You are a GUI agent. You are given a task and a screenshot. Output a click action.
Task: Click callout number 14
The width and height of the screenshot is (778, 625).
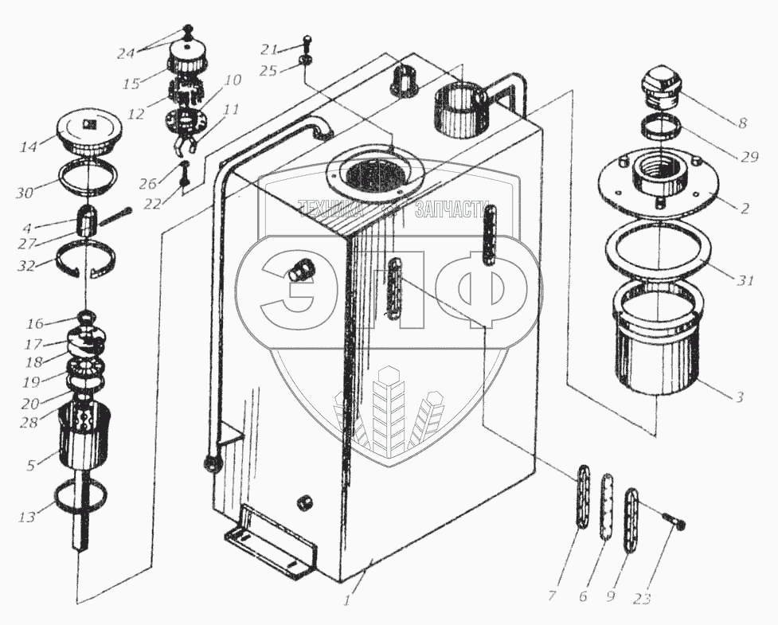29,147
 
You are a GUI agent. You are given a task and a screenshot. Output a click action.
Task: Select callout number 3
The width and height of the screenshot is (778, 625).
740,396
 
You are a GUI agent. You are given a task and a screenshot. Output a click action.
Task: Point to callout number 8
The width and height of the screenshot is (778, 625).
742,123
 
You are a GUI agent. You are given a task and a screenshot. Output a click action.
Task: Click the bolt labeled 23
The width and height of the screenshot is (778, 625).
674,518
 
